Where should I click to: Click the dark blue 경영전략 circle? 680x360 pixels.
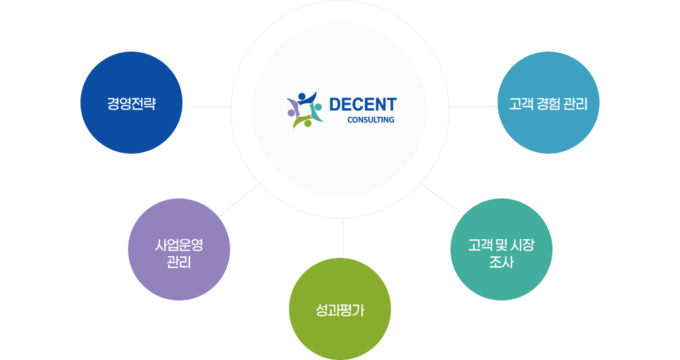(131, 103)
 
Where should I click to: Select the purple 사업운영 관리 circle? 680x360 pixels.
(179, 249)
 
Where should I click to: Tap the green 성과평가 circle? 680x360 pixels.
(340, 309)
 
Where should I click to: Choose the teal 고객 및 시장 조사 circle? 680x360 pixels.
(501, 249)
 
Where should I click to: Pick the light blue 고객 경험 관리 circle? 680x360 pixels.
(549, 103)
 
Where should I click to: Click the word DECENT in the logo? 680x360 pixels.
(363, 104)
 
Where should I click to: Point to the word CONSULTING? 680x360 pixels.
(371, 120)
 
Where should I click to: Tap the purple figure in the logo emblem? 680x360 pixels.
(292, 107)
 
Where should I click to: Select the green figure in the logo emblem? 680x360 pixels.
(302, 121)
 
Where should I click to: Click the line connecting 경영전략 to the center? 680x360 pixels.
(207, 107)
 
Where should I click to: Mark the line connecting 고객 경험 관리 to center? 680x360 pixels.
(473, 107)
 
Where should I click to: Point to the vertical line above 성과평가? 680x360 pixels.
(343, 238)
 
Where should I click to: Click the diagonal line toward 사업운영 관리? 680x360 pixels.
(239, 200)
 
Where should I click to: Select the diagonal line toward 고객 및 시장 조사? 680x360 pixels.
(442, 200)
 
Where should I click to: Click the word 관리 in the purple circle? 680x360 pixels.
(179, 262)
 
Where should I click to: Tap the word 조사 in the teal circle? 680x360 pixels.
(501, 262)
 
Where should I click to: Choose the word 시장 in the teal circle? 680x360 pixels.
(522, 245)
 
